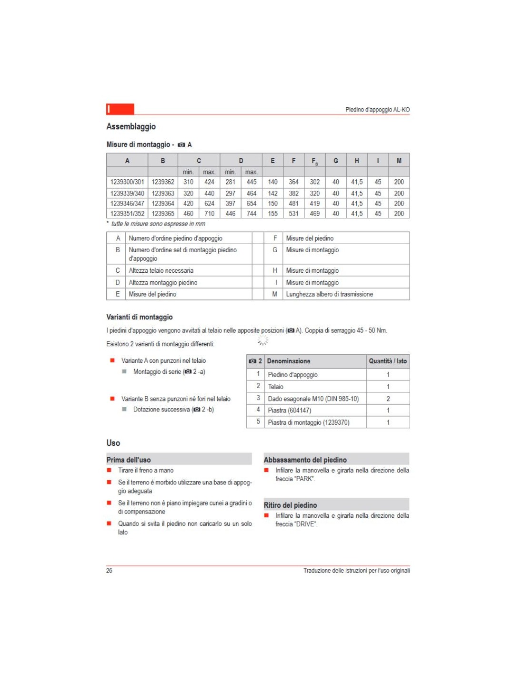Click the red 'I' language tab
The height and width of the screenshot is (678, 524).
coord(120,109)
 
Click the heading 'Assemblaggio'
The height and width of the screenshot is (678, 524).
coord(131,126)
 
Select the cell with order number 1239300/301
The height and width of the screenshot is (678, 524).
coord(127,182)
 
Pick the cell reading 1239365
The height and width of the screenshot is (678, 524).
coord(163,214)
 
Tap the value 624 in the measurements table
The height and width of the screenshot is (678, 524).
coord(209,204)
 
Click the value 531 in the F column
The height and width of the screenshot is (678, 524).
coord(293,214)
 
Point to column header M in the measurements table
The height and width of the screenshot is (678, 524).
coord(399,161)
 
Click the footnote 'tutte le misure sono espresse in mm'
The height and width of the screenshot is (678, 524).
coord(158,224)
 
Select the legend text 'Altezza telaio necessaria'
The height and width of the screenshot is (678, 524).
coord(161,270)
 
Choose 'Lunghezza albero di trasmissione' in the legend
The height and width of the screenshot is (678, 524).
coord(329,294)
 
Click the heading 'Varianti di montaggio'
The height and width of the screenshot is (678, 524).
coord(140,317)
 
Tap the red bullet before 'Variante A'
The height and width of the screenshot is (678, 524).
coord(112,360)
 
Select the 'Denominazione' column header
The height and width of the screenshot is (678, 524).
coord(289,361)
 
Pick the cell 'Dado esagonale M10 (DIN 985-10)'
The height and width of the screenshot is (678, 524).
coord(313,399)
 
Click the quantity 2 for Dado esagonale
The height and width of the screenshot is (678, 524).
coord(388,399)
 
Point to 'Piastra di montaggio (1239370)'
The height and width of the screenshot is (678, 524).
coord(308,422)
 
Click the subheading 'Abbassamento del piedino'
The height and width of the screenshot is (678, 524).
coord(305,460)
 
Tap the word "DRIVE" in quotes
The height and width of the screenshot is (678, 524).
coord(306,524)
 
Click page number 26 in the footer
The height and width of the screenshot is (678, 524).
coord(109,570)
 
